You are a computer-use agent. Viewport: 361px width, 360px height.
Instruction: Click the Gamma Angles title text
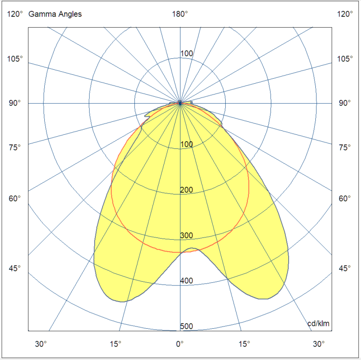(55, 14)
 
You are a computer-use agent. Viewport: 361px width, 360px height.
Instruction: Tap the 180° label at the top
(180, 14)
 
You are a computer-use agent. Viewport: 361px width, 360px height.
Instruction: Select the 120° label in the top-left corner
(15, 14)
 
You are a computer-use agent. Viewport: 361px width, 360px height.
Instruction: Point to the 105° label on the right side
(345, 59)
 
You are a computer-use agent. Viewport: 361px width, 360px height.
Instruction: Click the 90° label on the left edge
(15, 103)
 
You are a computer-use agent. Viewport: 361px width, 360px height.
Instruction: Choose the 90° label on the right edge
(345, 103)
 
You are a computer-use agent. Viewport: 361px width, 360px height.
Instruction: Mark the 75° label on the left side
(15, 147)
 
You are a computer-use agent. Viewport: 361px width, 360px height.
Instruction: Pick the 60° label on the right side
(345, 198)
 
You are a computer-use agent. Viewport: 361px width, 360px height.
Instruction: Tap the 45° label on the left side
(15, 269)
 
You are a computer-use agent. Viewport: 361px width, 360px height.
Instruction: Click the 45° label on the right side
(345, 269)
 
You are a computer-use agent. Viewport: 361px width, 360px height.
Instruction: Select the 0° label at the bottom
(180, 344)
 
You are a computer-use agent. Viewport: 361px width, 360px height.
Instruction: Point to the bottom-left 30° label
(41, 344)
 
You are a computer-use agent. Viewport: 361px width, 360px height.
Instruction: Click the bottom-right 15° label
(244, 344)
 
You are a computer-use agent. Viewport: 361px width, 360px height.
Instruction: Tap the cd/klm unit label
(318, 323)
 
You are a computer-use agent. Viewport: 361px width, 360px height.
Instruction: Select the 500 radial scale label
(186, 326)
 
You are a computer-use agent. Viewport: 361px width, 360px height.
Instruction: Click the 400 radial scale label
(186, 281)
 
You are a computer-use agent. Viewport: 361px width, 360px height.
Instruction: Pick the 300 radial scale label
(186, 235)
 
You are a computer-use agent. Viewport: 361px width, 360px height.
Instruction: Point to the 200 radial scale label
(186, 189)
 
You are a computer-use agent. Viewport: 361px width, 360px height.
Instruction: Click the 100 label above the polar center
(186, 54)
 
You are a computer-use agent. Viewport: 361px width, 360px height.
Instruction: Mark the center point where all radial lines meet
(180, 103)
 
